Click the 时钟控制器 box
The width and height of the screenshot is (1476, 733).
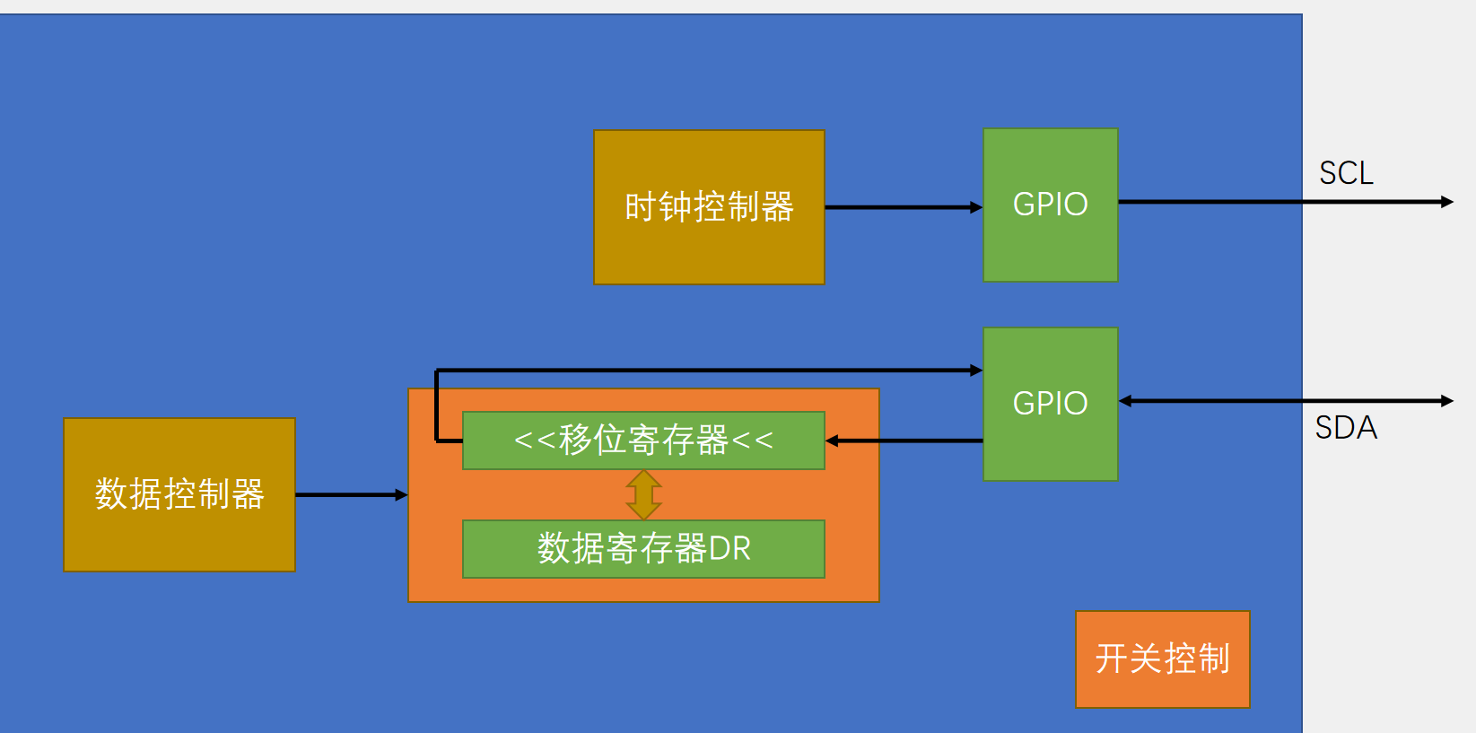click(x=709, y=207)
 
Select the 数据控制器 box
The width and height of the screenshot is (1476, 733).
click(x=179, y=494)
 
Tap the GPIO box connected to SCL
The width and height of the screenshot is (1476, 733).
click(x=1051, y=205)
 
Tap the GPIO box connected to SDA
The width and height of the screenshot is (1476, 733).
click(x=1051, y=404)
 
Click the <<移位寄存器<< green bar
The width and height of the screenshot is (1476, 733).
click(x=643, y=441)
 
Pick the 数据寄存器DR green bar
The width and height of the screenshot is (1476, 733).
click(x=643, y=549)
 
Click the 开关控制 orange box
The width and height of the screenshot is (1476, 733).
click(x=1162, y=659)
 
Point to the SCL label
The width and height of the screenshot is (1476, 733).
click(x=1346, y=173)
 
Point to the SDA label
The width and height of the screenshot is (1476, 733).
click(x=1346, y=428)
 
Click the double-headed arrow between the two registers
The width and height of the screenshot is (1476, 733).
click(x=644, y=494)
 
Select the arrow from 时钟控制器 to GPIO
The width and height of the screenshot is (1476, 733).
click(x=903, y=207)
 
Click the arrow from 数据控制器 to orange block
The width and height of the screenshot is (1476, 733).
click(x=351, y=494)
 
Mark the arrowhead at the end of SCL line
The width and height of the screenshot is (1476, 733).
click(x=1446, y=202)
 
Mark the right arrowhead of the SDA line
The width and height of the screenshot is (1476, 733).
click(x=1446, y=401)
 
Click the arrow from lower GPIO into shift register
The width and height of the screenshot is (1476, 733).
click(x=903, y=441)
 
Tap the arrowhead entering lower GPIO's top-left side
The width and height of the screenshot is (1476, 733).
click(x=976, y=370)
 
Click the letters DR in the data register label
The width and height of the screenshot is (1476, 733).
click(x=729, y=549)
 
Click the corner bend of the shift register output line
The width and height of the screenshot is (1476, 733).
click(x=437, y=371)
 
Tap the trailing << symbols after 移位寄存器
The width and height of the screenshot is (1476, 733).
click(x=752, y=441)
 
